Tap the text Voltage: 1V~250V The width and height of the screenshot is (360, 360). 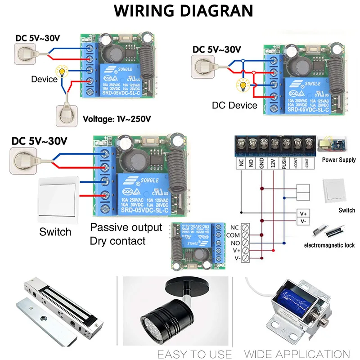pos(117,119)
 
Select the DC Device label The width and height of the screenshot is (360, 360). pos(234,105)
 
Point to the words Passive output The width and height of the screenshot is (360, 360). pos(126,227)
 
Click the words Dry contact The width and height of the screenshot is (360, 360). pos(117,241)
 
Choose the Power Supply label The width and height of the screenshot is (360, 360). pos(339,160)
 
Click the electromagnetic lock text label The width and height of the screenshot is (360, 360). pos(329,245)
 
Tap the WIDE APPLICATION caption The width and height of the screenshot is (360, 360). pos(297,354)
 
